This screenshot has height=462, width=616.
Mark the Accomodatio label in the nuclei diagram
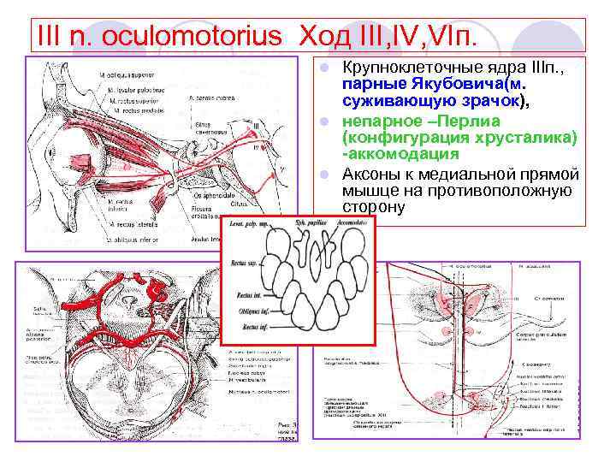tap(352, 224)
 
